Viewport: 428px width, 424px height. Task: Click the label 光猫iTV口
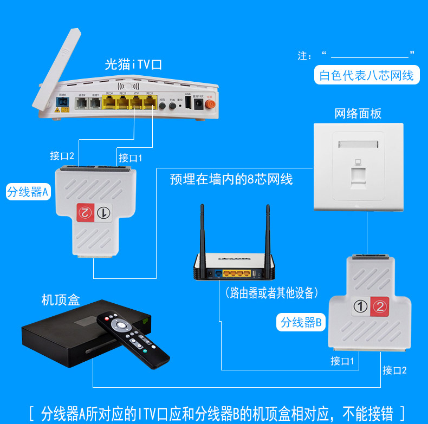(133, 65)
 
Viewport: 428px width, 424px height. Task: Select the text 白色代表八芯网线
(366, 75)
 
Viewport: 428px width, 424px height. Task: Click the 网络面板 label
(358, 113)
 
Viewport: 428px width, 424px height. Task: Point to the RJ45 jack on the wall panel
(358, 175)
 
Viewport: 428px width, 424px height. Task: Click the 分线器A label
(28, 192)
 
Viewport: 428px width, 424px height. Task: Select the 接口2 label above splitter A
(62, 156)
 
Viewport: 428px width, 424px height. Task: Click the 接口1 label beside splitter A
(130, 158)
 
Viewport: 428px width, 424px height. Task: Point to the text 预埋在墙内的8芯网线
(231, 179)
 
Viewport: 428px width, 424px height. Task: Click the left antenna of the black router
(203, 230)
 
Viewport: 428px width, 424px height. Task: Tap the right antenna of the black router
(268, 230)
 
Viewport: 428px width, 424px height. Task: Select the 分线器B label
(301, 323)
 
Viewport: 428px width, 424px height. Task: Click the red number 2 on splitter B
(380, 306)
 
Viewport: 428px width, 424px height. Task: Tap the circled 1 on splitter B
(360, 306)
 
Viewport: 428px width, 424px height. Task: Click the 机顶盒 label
(60, 299)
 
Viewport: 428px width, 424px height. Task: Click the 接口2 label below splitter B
(394, 370)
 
